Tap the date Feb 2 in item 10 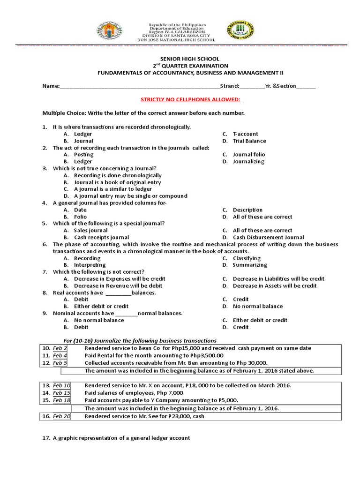point(60,348)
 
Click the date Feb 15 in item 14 point(61,393)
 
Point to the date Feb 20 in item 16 point(61,416)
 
